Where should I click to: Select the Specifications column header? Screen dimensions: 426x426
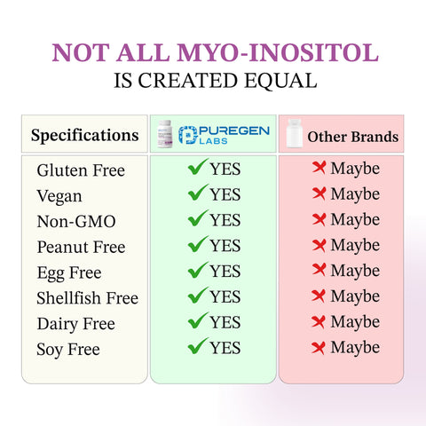pyautogui.click(x=84, y=135)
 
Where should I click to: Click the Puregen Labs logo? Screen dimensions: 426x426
pyautogui.click(x=224, y=134)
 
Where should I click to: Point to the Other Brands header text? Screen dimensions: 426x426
pyautogui.click(x=352, y=137)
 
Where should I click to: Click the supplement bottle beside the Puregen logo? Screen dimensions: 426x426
pyautogui.click(x=163, y=134)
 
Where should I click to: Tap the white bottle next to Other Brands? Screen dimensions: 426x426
pyautogui.click(x=292, y=135)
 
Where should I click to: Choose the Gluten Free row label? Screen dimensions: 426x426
pyautogui.click(x=81, y=170)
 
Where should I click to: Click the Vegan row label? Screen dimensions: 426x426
pyautogui.click(x=59, y=195)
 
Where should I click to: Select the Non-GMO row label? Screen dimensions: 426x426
pyautogui.click(x=76, y=221)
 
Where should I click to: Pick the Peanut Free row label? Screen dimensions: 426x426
pyautogui.click(x=81, y=247)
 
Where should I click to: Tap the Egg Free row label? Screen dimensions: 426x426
pyautogui.click(x=69, y=272)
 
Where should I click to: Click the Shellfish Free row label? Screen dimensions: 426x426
pyautogui.click(x=87, y=298)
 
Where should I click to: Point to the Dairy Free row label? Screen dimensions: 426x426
pyautogui.click(x=75, y=324)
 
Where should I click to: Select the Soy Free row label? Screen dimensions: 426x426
pyautogui.click(x=68, y=350)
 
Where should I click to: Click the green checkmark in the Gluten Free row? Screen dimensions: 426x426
pyautogui.click(x=197, y=167)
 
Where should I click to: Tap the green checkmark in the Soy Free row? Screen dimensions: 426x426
pyautogui.click(x=197, y=346)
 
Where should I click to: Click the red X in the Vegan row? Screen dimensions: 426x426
pyautogui.click(x=319, y=193)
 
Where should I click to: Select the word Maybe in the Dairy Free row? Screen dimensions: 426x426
pyautogui.click(x=355, y=322)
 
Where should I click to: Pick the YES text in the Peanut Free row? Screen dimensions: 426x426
pyautogui.click(x=225, y=245)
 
